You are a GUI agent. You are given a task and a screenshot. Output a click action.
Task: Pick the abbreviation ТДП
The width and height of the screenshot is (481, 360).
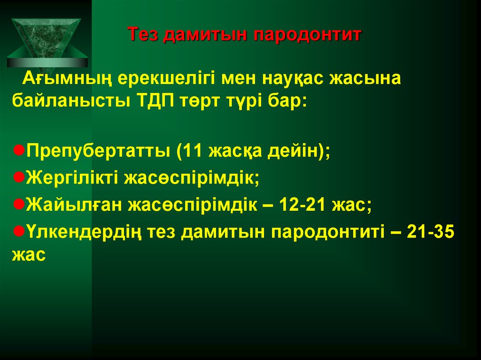(x=155, y=101)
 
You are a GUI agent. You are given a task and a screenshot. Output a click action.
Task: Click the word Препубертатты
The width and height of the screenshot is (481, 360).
(x=98, y=151)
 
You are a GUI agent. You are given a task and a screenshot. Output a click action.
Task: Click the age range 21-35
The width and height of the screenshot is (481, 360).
(x=430, y=232)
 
